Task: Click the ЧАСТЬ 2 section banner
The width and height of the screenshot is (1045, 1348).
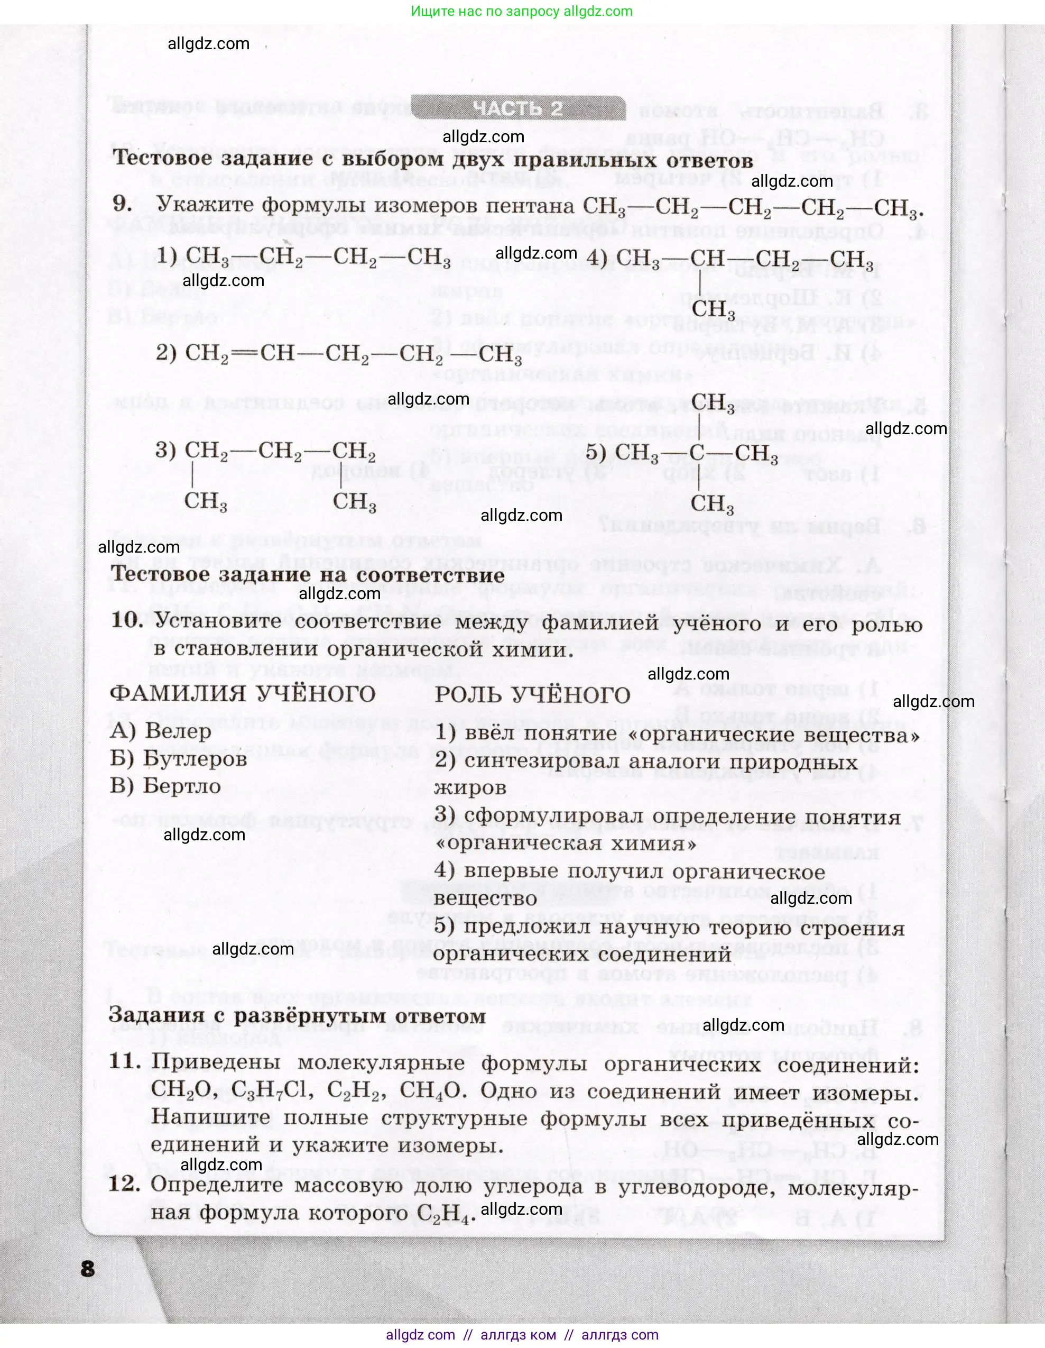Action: [x=517, y=108]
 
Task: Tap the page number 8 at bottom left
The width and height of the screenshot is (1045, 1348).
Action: [x=88, y=1268]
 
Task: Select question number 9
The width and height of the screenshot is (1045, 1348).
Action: [x=122, y=204]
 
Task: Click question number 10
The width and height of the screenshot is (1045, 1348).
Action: [x=127, y=620]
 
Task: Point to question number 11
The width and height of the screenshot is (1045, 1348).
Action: [x=125, y=1061]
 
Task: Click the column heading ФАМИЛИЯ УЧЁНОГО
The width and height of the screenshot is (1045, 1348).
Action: [x=243, y=694]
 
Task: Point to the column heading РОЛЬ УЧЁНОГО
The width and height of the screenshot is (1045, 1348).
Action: [x=532, y=695]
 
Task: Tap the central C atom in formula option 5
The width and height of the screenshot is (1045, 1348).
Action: [x=697, y=453]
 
